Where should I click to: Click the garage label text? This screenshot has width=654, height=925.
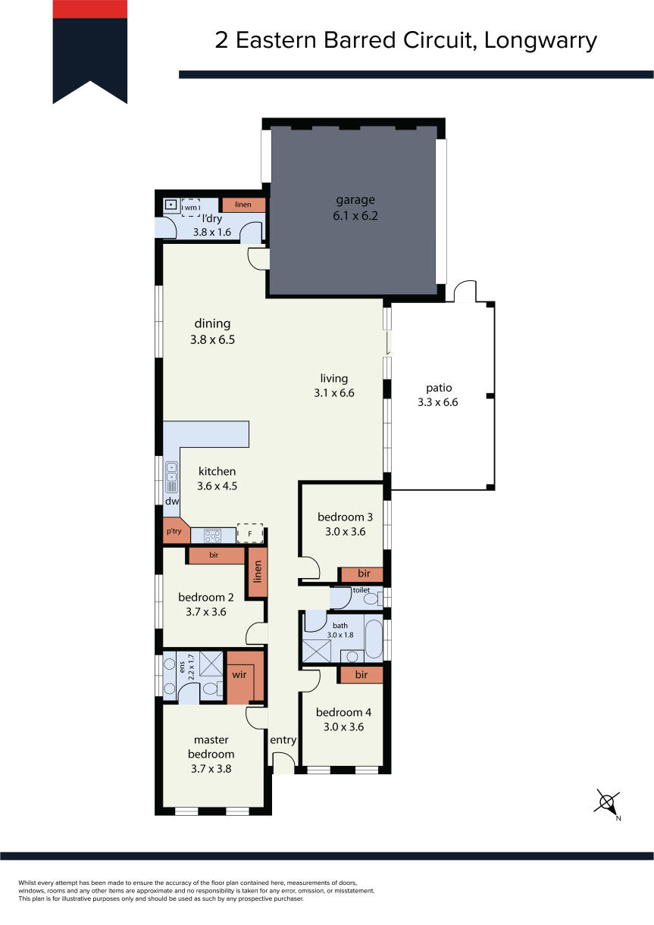pos(355,200)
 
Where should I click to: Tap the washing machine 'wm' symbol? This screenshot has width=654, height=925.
pos(191,208)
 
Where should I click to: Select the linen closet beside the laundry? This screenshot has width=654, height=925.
pos(244,205)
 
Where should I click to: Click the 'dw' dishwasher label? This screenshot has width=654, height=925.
pos(172,501)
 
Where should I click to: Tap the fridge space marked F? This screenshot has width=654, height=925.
pos(250,533)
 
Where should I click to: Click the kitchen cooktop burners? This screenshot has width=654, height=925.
pos(212,536)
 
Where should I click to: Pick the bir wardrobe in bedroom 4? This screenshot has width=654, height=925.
pos(361,675)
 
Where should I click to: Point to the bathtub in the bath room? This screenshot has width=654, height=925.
pos(374,639)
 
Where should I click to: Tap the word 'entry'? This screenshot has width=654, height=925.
pos(283,739)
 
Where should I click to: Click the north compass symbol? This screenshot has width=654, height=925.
pos(607,803)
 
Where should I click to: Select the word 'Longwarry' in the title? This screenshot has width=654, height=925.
pos(540,41)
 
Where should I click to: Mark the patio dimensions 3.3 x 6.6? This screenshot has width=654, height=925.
pos(437,402)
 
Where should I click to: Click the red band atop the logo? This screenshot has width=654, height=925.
pos(90,9)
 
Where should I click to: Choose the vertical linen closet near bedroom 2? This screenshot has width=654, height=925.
pos(258,571)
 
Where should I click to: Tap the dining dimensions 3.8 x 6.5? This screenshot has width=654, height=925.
pos(212,340)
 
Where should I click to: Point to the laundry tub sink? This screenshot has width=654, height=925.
pos(171,205)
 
